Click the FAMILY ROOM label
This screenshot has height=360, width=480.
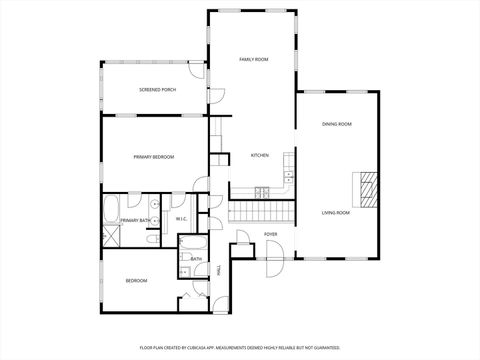click(x=253, y=60)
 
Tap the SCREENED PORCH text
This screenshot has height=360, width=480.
click(x=157, y=90)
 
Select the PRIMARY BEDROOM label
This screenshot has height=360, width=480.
click(x=154, y=157)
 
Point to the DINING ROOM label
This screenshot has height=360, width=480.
click(x=336, y=124)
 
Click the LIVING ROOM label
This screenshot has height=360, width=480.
click(x=335, y=213)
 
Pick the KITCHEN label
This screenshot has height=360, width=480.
click(x=260, y=155)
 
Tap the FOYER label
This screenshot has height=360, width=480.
click(x=270, y=234)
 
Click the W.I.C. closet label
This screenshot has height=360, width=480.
click(x=182, y=219)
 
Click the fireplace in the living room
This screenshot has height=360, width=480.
click(x=369, y=187)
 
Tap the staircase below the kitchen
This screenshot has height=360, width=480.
click(x=262, y=212)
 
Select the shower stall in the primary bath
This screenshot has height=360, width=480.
click(x=111, y=236)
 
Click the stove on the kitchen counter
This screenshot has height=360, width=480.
click(x=262, y=190)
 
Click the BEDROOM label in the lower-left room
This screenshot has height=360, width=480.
click(x=136, y=281)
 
